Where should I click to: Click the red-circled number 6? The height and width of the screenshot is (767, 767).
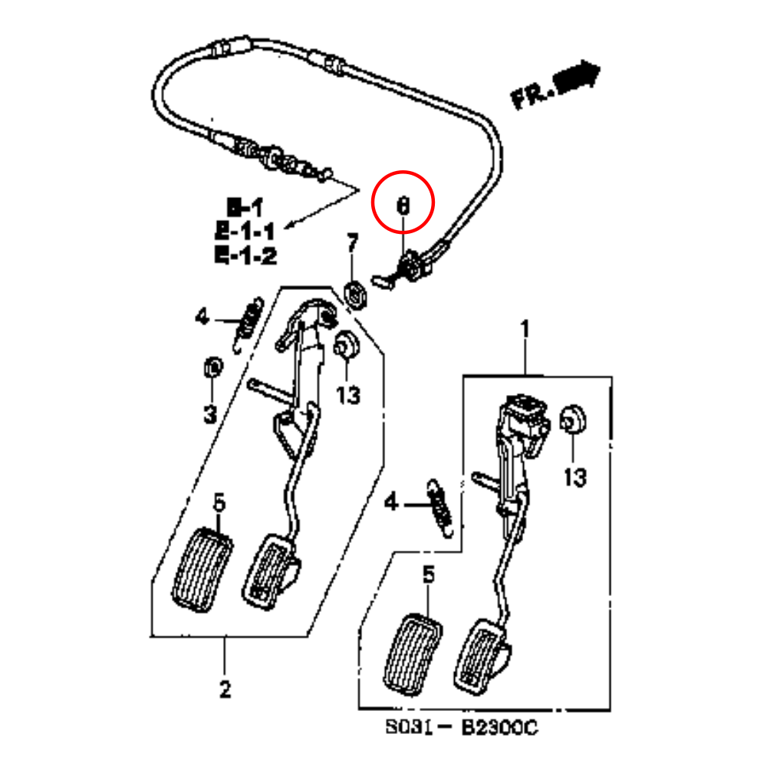(403, 206)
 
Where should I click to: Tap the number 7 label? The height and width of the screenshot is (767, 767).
(352, 244)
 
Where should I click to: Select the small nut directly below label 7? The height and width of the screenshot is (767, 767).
(355, 294)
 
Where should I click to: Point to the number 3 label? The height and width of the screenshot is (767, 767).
(210, 415)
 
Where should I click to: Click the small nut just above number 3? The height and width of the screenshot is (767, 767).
(212, 367)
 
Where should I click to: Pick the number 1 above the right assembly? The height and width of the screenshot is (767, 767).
(525, 330)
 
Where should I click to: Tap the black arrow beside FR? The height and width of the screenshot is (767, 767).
(577, 76)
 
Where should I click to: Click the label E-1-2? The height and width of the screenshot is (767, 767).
(245, 255)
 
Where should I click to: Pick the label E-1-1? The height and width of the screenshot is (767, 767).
(245, 230)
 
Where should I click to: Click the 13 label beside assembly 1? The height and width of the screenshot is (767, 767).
(574, 477)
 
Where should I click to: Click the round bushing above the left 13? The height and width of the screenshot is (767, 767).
(347, 345)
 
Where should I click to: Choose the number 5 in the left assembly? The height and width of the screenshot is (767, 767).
(219, 504)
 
